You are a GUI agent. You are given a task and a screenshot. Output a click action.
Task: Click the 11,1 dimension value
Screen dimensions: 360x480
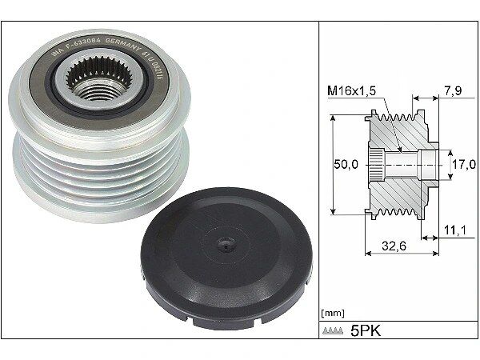coord(453,230)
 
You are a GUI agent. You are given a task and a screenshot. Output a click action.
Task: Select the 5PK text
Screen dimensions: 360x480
coord(365,330)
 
